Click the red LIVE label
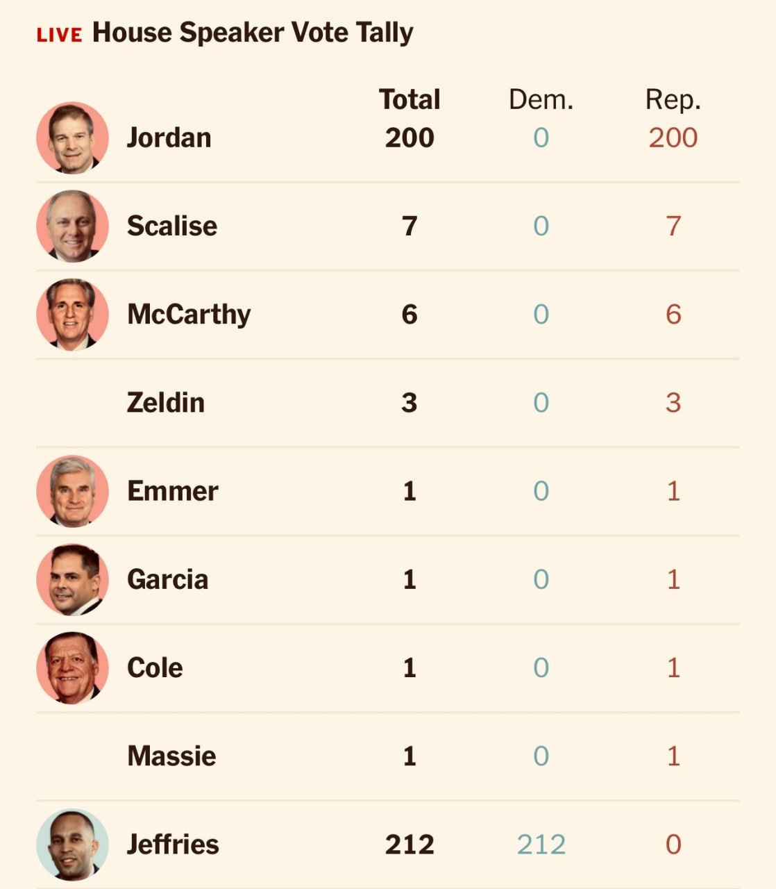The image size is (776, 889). tap(59, 35)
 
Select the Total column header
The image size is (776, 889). tap(410, 100)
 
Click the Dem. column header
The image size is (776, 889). tap(541, 100)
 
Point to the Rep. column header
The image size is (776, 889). tap(673, 100)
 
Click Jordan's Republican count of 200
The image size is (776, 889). tap(673, 138)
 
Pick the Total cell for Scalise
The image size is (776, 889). tap(410, 226)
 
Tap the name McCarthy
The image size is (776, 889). tap(189, 315)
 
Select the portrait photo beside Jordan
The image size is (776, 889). tap(72, 138)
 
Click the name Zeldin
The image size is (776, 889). tap(166, 403)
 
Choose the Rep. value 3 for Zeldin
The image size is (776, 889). tap(673, 403)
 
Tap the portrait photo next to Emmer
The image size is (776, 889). tap(72, 491)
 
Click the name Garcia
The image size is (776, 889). tap(168, 579)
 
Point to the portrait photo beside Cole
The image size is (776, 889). tap(72, 667)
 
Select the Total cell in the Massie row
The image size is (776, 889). tap(410, 756)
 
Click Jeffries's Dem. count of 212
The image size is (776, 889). tap(541, 845)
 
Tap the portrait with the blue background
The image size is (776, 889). tap(72, 845)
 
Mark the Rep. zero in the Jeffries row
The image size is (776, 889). tap(673, 845)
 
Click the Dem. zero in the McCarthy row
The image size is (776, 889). tap(541, 315)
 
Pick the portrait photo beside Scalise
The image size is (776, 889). tap(72, 226)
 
